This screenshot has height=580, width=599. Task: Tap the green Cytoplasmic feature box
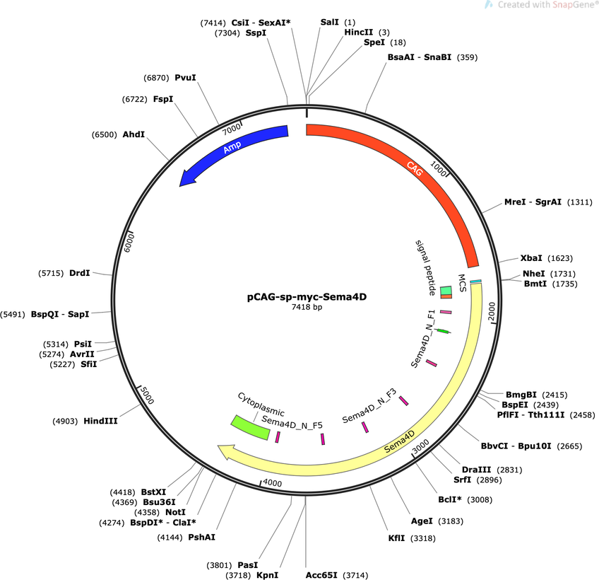point(250,427)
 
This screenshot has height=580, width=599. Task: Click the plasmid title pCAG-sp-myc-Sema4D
point(307,297)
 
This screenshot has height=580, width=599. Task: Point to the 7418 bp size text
point(307,307)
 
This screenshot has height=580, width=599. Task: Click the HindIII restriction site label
point(100,421)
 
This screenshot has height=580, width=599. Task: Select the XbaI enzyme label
point(531,258)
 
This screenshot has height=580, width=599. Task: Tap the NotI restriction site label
point(175,512)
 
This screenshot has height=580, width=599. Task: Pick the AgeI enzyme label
point(422,521)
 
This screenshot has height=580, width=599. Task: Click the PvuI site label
point(185,78)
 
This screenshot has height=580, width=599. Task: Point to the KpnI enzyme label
point(268,575)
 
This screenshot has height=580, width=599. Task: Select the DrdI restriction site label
point(79,273)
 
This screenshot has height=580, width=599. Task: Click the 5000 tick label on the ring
point(147,395)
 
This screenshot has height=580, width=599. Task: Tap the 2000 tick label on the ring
point(492,311)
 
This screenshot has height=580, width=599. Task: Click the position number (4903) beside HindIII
point(65,422)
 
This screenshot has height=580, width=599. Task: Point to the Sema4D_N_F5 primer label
point(292,422)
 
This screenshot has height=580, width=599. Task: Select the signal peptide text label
point(425,268)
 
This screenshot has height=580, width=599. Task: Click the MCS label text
point(462,283)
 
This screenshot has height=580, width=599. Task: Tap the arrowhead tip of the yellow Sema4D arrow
point(218,446)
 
